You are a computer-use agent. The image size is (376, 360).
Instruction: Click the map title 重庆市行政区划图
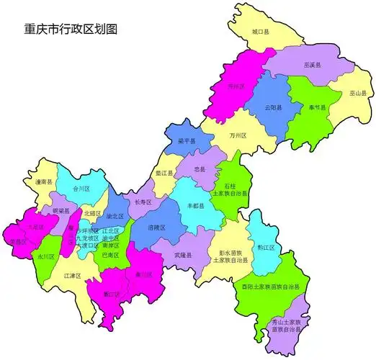click(71, 30)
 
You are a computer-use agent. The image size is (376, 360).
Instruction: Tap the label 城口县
click(260, 32)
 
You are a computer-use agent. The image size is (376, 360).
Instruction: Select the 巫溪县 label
click(313, 65)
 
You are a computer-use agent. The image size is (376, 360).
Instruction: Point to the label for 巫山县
click(358, 94)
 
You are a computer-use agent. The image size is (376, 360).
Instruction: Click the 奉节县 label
click(317, 107)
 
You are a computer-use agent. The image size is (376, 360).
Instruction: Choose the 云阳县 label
click(273, 107)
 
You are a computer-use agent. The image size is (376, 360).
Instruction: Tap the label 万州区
click(238, 135)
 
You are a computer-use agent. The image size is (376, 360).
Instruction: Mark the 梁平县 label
click(187, 141)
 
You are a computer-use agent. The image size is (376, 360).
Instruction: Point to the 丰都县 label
click(196, 206)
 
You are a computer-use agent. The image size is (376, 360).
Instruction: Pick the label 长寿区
click(143, 202)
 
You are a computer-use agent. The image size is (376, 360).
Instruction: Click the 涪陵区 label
click(156, 228)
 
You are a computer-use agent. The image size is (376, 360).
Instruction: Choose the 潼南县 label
click(44, 183)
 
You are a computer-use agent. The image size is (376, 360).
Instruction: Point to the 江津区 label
click(71, 276)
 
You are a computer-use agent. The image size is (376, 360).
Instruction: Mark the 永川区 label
click(46, 256)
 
